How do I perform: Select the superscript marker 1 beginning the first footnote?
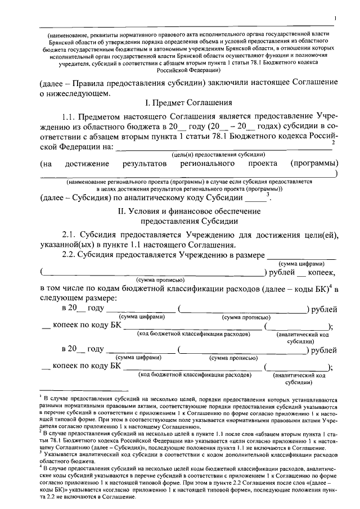click(x=41, y=396)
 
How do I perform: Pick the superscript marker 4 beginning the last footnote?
click(x=41, y=466)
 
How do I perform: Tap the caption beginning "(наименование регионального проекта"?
click(x=188, y=183)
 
